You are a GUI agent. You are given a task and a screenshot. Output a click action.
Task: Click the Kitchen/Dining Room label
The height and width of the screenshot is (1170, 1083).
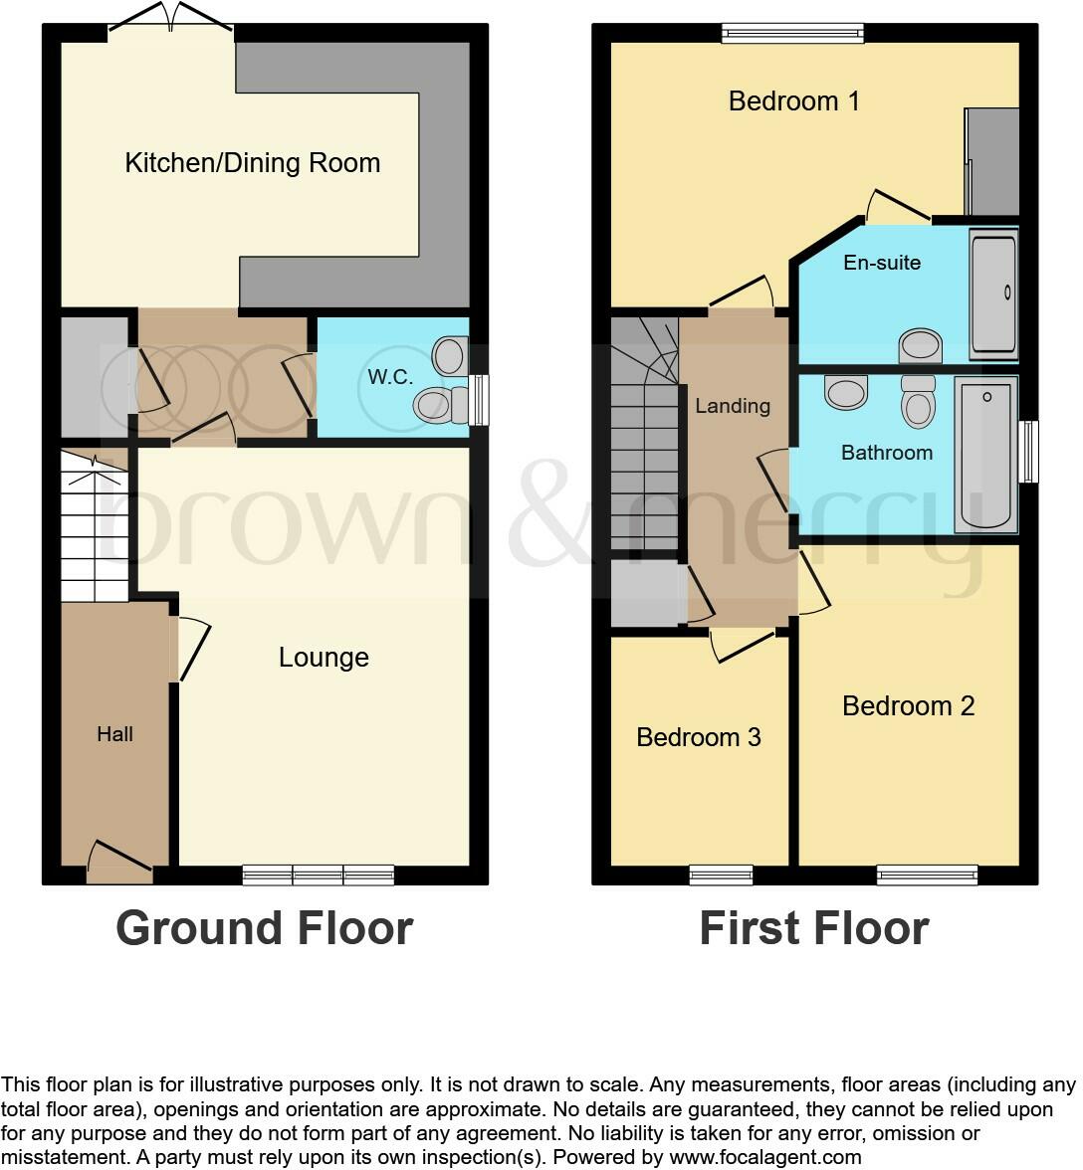point(252,163)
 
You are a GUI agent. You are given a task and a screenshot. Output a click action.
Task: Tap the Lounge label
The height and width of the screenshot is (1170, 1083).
point(324,658)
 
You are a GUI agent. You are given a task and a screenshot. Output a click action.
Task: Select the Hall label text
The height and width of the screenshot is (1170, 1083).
point(114,734)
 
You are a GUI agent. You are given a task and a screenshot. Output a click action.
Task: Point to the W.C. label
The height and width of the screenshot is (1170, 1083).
point(384,378)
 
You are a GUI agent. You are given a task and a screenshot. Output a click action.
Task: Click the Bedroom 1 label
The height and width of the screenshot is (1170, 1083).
point(793,101)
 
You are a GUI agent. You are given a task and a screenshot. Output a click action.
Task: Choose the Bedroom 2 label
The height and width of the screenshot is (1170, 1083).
point(908,706)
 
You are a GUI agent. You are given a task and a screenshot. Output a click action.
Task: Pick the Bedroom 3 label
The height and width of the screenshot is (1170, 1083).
point(698,737)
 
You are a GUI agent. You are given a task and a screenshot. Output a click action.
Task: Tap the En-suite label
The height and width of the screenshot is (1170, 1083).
point(882,263)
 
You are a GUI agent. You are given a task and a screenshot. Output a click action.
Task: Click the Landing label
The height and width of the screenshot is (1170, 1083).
point(733,406)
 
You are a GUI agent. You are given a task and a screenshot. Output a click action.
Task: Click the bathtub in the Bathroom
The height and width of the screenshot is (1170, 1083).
point(985,455)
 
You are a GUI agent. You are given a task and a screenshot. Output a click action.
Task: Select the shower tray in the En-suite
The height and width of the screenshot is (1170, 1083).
point(993,292)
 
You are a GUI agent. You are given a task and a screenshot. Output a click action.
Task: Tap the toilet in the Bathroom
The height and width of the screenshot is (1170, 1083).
point(918,401)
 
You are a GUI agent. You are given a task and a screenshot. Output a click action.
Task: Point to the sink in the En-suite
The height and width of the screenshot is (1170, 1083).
point(921,347)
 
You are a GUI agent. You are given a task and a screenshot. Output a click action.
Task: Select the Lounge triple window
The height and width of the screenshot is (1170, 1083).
point(319,876)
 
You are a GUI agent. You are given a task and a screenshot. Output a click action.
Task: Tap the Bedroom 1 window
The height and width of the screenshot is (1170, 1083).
point(793,33)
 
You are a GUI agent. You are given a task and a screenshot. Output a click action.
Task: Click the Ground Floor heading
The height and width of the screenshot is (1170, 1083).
point(264,928)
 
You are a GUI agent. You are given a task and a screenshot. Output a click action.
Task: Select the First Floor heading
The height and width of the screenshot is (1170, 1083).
point(813,928)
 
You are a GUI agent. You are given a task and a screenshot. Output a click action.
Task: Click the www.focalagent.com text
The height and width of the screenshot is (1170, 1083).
point(764,1157)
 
